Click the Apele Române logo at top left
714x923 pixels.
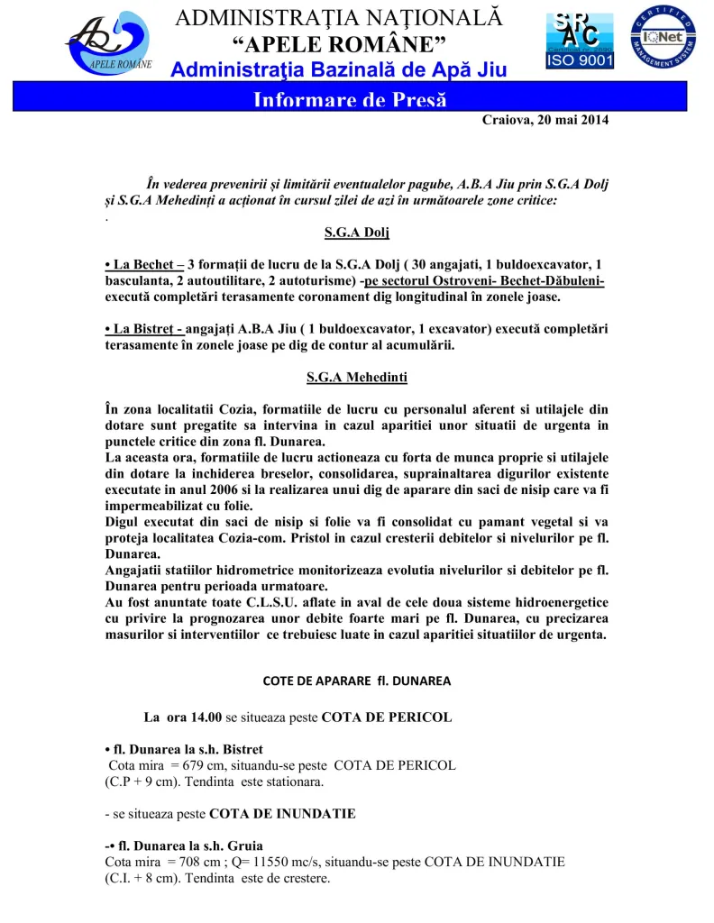click(x=109, y=41)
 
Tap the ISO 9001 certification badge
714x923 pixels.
click(x=579, y=41)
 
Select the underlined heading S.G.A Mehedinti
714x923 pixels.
click(x=357, y=377)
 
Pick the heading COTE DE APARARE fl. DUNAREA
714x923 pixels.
click(x=357, y=681)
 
